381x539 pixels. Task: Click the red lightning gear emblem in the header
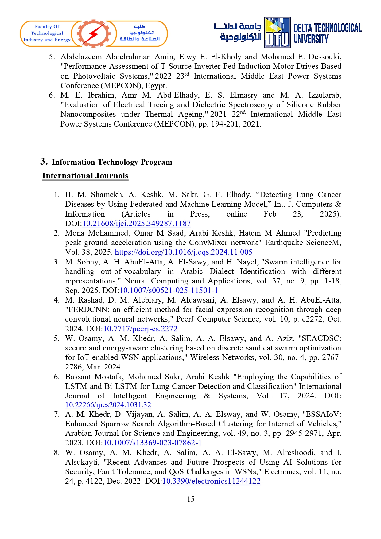(94, 33)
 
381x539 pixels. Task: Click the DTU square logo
(277, 33)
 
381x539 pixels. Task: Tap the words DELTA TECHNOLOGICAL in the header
(327, 28)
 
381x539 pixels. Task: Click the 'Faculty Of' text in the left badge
(47, 27)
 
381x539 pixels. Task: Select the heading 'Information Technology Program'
(112, 162)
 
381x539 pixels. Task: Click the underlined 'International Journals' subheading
(85, 176)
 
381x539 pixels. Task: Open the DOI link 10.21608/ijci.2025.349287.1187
(137, 224)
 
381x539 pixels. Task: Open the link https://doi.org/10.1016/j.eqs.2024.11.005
(183, 252)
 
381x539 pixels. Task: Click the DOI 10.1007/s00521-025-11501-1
(169, 291)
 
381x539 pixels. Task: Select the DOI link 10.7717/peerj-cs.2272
(140, 329)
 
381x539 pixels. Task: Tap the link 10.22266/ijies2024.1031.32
(108, 405)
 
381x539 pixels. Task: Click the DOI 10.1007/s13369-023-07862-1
(153, 443)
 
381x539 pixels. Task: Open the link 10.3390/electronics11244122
(211, 481)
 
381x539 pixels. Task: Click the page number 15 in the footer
(190, 499)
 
